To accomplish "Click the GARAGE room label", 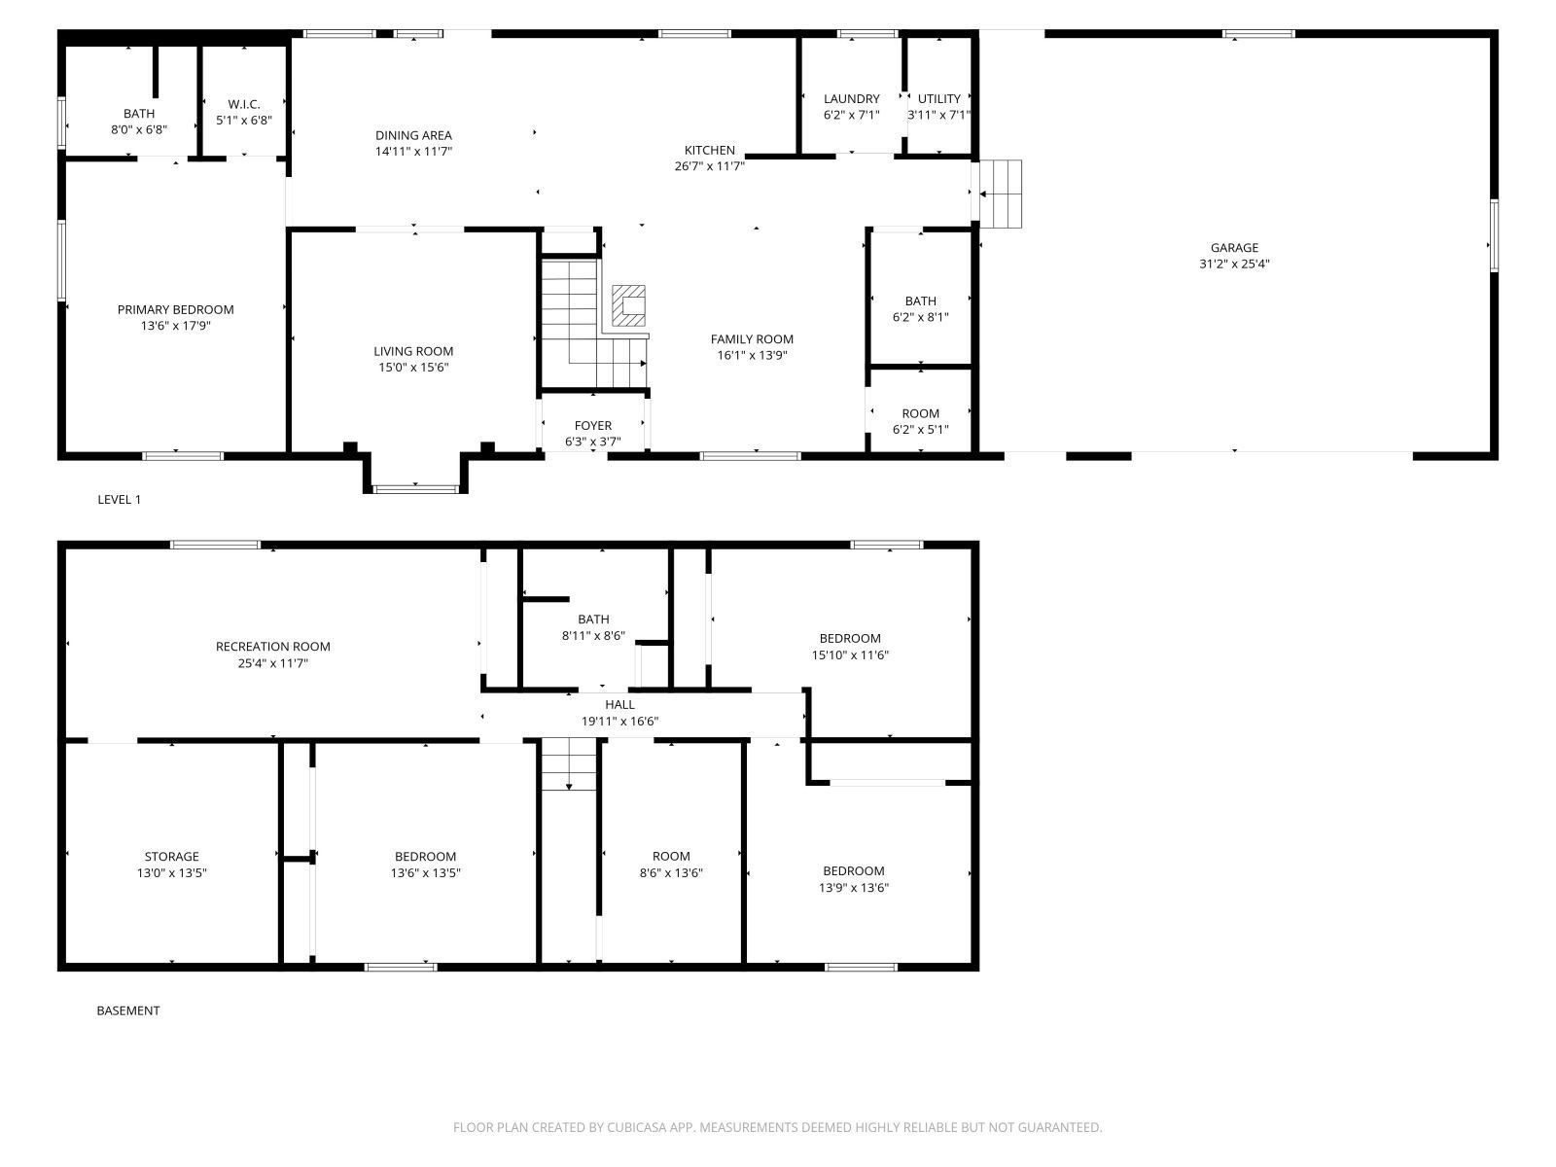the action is point(1233,247).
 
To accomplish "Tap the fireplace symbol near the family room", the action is point(628,305).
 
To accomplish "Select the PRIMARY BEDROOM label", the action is point(175,309).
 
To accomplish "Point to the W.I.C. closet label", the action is point(244,104).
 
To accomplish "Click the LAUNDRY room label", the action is point(851,98).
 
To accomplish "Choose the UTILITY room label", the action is point(938,98).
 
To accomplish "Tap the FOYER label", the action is point(592,425).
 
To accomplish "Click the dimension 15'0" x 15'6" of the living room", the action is point(413,367).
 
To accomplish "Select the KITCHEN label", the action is point(709,150).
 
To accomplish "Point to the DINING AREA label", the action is point(413,135).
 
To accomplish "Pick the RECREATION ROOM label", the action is point(273,646).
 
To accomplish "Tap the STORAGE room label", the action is point(171,856).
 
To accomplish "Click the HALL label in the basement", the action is point(619,704).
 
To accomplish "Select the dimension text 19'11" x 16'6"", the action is point(619,722).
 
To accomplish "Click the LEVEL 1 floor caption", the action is point(119,500).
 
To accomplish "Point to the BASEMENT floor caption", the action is point(127,1010).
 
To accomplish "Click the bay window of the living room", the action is point(415,488).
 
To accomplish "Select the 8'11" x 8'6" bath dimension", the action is point(593,636).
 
